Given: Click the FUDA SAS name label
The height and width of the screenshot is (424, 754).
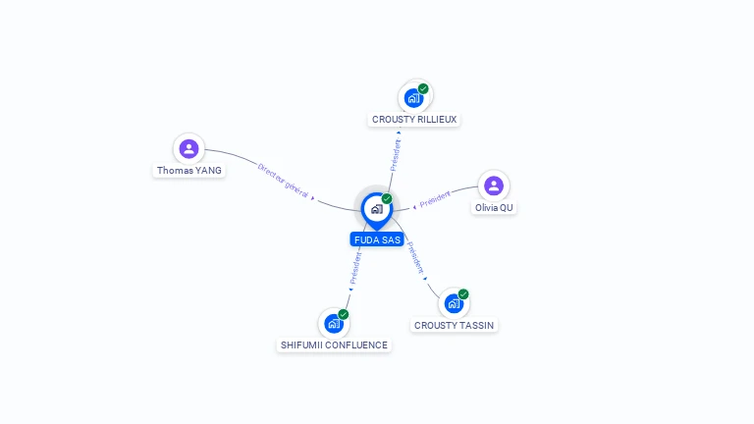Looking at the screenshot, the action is click(377, 239).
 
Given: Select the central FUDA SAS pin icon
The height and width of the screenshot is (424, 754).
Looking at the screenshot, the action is click(377, 211).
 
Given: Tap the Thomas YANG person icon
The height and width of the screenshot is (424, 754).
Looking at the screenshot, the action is click(188, 148).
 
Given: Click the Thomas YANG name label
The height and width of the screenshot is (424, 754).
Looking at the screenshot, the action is click(188, 170).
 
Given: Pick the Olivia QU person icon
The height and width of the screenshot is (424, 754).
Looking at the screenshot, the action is click(494, 185).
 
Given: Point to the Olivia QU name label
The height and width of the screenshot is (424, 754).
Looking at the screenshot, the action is click(494, 208).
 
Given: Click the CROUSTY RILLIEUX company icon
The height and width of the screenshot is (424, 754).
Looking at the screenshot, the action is click(413, 98).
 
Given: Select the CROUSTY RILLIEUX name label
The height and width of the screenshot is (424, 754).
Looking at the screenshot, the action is click(414, 119).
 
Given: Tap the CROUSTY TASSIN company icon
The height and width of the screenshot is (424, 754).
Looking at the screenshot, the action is click(454, 304).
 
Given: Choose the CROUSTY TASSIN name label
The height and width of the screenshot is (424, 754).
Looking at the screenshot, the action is click(454, 326).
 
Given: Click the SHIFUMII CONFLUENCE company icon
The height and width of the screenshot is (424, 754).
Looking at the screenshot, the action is click(334, 324).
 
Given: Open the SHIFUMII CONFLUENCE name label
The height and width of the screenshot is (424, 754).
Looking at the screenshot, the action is click(334, 345).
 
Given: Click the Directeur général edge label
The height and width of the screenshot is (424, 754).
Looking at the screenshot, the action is click(283, 181).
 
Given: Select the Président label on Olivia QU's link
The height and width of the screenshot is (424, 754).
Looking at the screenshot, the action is click(435, 199).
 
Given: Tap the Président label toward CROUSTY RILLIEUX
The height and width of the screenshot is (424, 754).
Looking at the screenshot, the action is click(396, 155).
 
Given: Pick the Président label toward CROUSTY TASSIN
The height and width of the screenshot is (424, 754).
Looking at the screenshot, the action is click(416, 258).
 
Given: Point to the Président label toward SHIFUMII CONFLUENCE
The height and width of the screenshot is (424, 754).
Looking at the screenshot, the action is click(355, 268).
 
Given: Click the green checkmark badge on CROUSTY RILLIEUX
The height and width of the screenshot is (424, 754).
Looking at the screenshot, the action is click(423, 88).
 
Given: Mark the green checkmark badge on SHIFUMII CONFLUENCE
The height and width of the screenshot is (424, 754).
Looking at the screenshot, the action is click(344, 314).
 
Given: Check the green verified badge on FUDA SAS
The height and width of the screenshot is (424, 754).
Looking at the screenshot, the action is click(387, 198).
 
